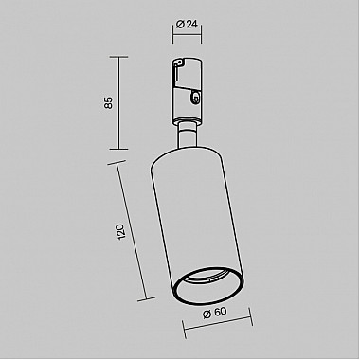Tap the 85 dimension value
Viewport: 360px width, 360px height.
pos(109,101)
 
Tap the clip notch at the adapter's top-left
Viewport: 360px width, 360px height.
pos(177,64)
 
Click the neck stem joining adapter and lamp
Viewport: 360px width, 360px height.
pos(187,136)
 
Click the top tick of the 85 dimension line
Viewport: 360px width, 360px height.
pos(117,57)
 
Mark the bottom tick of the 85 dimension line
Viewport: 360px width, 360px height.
pos(117,149)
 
